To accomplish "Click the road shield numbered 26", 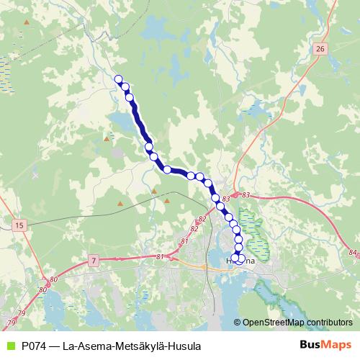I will coord(320,48).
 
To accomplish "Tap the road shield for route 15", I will coord(19,225).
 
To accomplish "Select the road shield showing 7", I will coord(94,258).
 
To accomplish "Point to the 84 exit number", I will coord(351,252).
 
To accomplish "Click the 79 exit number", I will coord(22,313).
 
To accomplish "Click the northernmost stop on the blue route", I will coord(119,80).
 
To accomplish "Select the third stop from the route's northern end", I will coord(130,96).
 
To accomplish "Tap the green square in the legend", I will coord(9,346).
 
